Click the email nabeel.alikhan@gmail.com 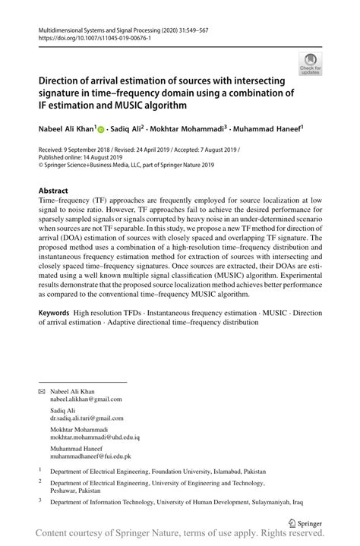pyautogui.click(x=85, y=399)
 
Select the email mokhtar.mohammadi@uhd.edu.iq pyautogui.click(x=95, y=438)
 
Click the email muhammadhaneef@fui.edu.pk pyautogui.click(x=90, y=457)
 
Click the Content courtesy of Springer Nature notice pyautogui.click(x=180, y=534)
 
